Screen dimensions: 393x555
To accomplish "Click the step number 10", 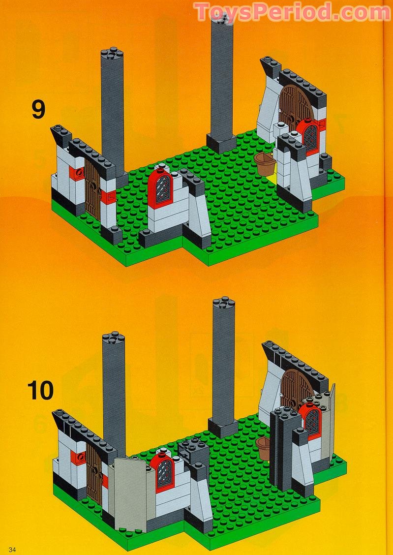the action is (40, 390).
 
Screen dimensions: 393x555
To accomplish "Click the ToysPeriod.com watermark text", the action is (293, 12).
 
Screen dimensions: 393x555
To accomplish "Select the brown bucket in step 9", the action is (266, 164).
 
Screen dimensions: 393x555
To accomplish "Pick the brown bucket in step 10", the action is (264, 447).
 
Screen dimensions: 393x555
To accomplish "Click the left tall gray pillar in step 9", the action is (113, 113).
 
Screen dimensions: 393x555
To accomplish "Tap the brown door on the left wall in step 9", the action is (92, 188).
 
